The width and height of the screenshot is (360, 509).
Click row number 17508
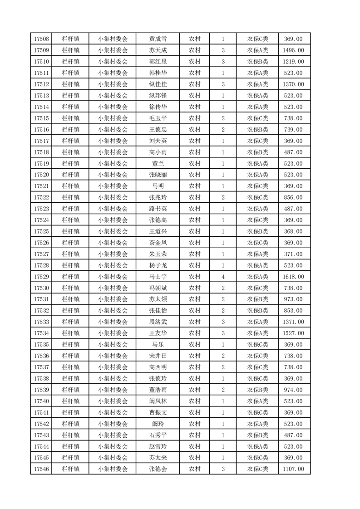pyautogui.click(x=41, y=39)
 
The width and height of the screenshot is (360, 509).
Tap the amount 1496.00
pyautogui.click(x=293, y=50)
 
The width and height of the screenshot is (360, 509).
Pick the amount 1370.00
pyautogui.click(x=293, y=84)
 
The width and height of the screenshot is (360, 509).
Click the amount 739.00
pyautogui.click(x=293, y=130)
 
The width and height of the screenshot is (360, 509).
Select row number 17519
pyautogui.click(x=41, y=164)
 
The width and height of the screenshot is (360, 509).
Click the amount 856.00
pyautogui.click(x=293, y=197)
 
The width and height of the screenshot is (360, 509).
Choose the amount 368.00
pyautogui.click(x=293, y=231)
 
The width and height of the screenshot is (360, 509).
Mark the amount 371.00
pyautogui.click(x=293, y=254)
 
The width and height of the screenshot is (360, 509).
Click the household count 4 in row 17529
pyautogui.click(x=223, y=277)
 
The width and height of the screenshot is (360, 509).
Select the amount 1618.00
pyautogui.click(x=293, y=277)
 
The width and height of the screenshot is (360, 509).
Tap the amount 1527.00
pyautogui.click(x=293, y=333)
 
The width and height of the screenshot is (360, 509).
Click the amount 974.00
pyautogui.click(x=293, y=390)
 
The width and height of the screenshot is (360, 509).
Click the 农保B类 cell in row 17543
pyautogui.click(x=257, y=435)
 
